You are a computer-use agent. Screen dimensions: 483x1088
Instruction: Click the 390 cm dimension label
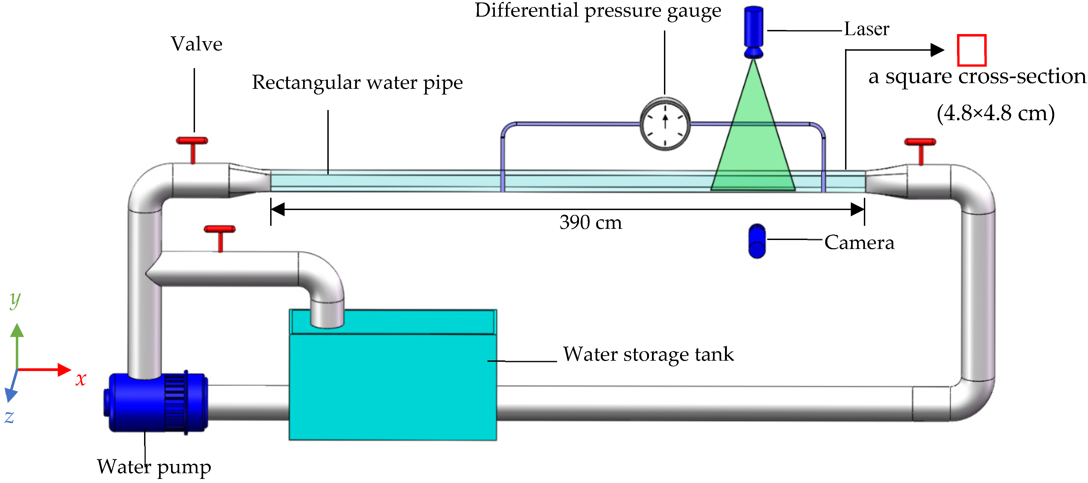pos(590,223)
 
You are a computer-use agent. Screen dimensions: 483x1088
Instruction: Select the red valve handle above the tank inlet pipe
pos(220,229)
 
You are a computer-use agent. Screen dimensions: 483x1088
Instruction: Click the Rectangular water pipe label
pos(357,82)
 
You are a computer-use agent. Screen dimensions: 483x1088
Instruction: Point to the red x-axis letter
pos(81,379)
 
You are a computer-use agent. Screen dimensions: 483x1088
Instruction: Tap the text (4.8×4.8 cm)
pos(995,113)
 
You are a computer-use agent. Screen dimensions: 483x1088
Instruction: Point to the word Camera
pos(859,242)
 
